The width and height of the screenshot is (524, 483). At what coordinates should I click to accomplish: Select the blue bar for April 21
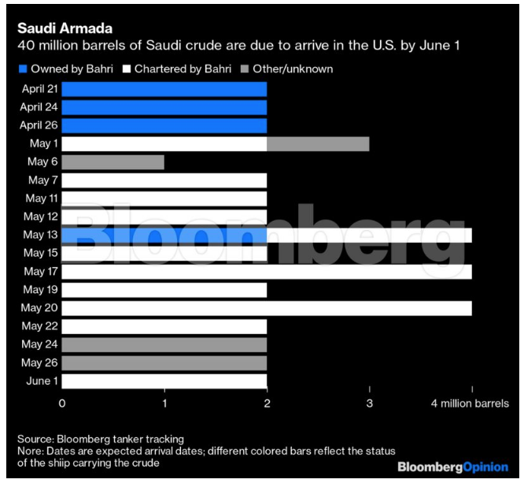pos(164,87)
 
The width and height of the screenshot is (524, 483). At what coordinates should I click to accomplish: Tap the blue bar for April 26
pos(164,126)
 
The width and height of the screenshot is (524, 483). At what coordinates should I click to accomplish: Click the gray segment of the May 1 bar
pos(318,144)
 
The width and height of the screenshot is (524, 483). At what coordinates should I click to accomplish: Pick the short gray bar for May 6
pos(113,162)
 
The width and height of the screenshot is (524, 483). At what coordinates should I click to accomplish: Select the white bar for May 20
pos(267,308)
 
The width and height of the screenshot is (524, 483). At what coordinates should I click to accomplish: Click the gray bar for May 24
pos(164,344)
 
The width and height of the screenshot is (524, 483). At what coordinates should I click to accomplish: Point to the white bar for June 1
pos(164,381)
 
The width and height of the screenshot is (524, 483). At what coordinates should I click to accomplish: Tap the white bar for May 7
pos(164,180)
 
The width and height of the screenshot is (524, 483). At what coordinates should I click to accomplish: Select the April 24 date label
pos(37,106)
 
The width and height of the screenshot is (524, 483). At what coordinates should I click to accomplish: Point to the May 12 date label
pos(39,217)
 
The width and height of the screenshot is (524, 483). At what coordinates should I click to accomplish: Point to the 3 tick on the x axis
pos(369,403)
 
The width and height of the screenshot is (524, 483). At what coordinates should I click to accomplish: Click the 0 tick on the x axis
pos(62,403)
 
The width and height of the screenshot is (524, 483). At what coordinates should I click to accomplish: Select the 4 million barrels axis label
pos(469,403)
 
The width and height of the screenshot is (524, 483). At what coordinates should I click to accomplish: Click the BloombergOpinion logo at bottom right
pos(452,466)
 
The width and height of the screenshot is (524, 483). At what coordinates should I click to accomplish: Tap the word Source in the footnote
pos(34,438)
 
